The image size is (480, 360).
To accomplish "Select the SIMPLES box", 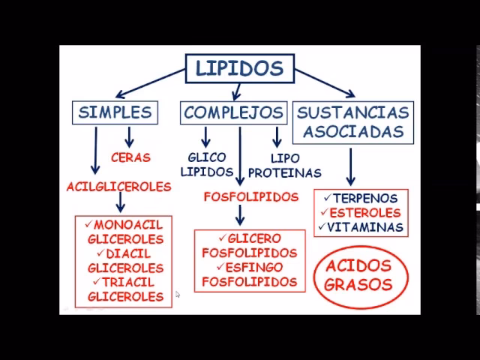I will [115, 112].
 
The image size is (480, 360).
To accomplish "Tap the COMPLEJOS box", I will [234, 112].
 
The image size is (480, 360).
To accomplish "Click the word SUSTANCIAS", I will [353, 112].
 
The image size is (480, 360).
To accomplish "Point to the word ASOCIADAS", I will [353, 132].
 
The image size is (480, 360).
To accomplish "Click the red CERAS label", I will [130, 157].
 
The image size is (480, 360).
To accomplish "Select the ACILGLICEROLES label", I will [118, 187].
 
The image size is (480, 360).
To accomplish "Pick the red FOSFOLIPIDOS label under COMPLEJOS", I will [250, 196].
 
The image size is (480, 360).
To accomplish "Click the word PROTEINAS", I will [285, 172].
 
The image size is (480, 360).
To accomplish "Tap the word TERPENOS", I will [365, 199].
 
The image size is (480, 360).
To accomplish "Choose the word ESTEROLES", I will [365, 213].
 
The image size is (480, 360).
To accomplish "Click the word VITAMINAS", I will [365, 226].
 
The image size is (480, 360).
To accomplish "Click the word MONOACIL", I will [128, 225].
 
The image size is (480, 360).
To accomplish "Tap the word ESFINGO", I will [253, 268].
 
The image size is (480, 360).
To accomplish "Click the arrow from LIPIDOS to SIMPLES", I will [149, 84].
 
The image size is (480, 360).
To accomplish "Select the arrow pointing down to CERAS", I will [129, 136].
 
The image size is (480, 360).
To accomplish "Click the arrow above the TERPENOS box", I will [349, 166].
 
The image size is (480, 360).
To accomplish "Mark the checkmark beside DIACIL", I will [102, 253].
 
